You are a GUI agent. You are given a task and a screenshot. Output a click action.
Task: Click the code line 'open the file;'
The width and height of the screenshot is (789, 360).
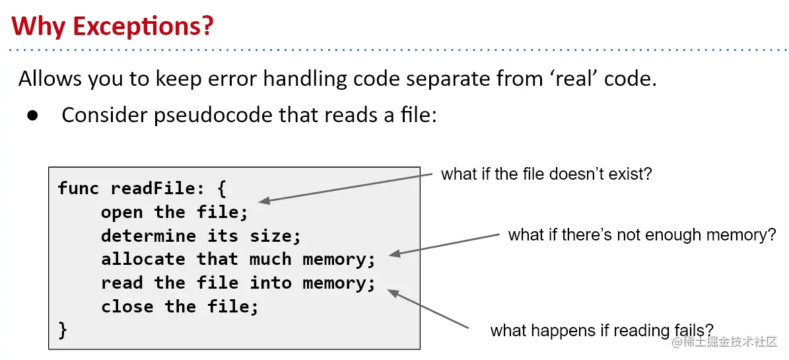(174, 212)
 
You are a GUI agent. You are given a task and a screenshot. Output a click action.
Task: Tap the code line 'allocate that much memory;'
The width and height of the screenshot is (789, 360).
(238, 260)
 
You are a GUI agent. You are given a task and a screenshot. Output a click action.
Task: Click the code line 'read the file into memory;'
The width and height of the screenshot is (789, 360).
(238, 283)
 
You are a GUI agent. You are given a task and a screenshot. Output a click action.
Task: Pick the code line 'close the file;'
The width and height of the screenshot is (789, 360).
(179, 307)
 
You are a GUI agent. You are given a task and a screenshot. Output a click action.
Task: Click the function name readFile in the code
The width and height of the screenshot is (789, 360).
(153, 188)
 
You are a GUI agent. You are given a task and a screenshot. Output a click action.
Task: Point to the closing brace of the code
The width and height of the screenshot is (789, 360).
(63, 330)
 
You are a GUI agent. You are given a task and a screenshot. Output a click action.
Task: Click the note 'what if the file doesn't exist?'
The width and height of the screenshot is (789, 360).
(547, 174)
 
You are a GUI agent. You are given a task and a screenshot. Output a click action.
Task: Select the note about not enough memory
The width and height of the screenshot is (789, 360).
(642, 234)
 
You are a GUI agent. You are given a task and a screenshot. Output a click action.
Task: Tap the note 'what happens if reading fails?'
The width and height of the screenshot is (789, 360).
(601, 330)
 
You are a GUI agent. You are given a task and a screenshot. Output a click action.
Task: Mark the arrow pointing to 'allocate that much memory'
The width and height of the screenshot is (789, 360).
(445, 244)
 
